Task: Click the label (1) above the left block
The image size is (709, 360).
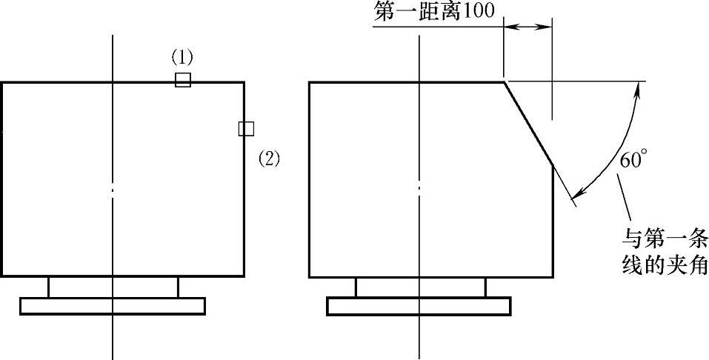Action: [182, 57]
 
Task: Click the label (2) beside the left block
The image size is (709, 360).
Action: [269, 158]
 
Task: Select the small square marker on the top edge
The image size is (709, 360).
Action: [183, 80]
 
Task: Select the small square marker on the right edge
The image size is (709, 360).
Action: [246, 128]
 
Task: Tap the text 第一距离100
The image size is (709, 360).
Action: [430, 10]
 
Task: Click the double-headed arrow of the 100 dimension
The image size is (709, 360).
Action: [527, 27]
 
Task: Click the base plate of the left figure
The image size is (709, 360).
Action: [113, 305]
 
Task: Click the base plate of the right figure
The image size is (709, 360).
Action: [419, 305]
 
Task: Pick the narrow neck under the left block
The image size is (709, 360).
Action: [113, 287]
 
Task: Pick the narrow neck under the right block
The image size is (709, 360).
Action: [420, 287]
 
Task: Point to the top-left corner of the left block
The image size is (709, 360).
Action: [1, 82]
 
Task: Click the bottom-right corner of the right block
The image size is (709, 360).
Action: [552, 277]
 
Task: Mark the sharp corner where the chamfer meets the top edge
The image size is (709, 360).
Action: [504, 81]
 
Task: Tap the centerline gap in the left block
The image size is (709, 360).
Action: [113, 190]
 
